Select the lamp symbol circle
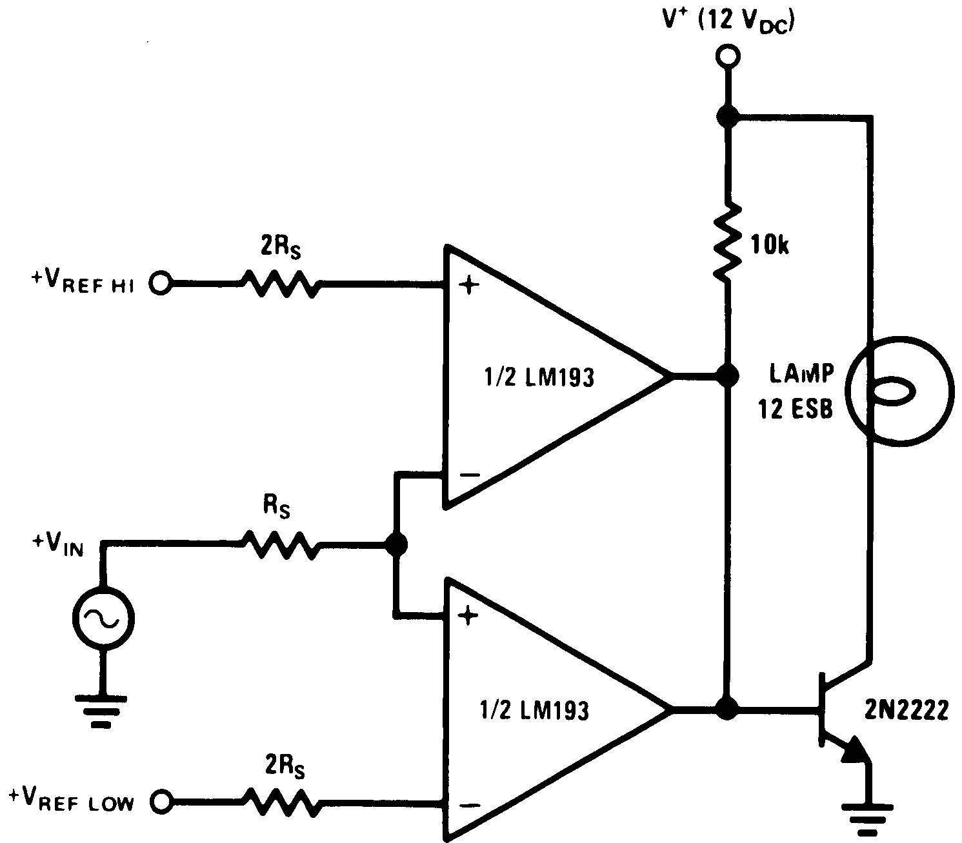pos(899,392)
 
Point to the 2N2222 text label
pos(906,710)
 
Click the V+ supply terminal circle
pos(727,57)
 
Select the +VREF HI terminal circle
pos(161,283)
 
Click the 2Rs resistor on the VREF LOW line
pos(280,802)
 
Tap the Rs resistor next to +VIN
pos(280,544)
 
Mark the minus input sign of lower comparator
pos(469,805)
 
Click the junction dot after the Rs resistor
pos(396,544)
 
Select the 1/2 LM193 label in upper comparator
pos(538,377)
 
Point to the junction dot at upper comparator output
pos(728,375)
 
